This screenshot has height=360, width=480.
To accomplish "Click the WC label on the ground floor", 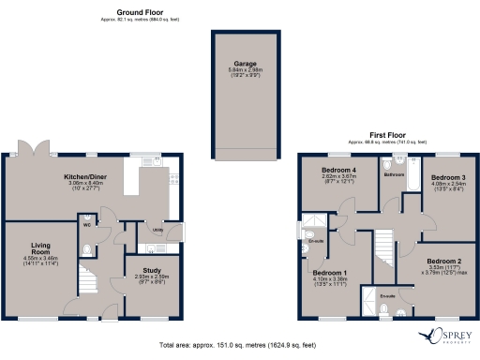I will click(85, 225).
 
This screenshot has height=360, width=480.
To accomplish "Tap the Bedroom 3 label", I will click(449, 176).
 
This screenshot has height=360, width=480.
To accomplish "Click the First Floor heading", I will click(381, 136).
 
